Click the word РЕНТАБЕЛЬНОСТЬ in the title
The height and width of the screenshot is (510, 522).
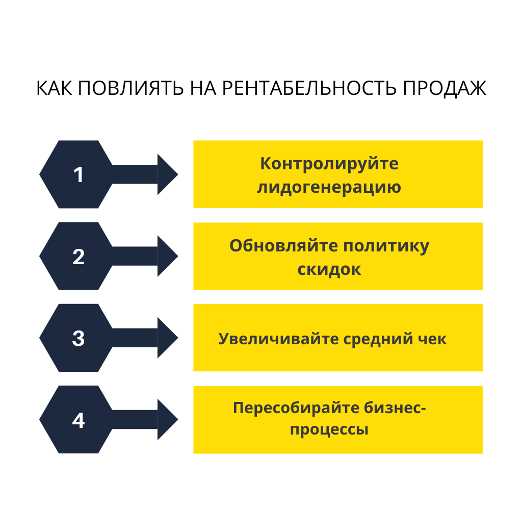coord(311,88)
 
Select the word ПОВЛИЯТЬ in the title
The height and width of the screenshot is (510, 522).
coord(130,88)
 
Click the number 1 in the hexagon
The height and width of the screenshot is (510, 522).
coord(78,175)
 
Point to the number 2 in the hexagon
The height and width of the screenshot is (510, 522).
coord(78,257)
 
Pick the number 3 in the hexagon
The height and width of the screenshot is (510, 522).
coord(78,338)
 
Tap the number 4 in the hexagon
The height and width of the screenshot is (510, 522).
coord(78,420)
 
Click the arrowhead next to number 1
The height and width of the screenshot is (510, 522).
coord(167,174)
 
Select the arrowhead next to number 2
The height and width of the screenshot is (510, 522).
coord(167,256)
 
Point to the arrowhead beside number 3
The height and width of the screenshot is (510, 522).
coord(167,338)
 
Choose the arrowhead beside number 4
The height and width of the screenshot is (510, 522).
coord(167,420)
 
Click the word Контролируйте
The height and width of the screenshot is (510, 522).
coord(329,164)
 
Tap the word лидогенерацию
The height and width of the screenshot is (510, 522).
coord(329,188)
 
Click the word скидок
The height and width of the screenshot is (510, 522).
coord(329,269)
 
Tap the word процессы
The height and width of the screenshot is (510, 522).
coord(329,429)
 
